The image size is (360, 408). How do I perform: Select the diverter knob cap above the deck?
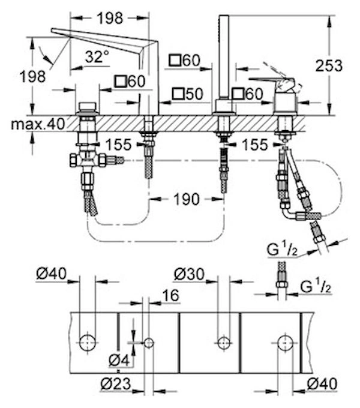(x=88, y=109)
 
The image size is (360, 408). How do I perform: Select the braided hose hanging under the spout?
(x=147, y=162)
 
